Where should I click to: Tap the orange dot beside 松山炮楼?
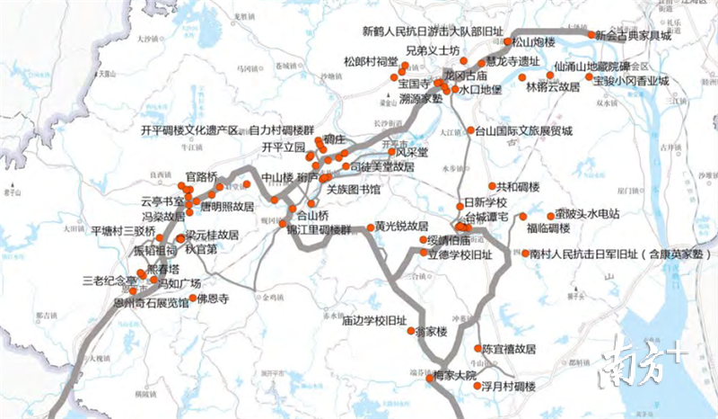pyautogui.click(x=508, y=41)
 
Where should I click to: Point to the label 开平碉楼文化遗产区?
pyautogui.click(x=190, y=130)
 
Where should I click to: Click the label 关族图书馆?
pyautogui.click(x=353, y=190)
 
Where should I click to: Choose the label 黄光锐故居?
pyautogui.click(x=401, y=226)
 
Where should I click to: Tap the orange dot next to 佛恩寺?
pyautogui.click(x=190, y=298)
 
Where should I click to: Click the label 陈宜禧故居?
pyautogui.click(x=509, y=348)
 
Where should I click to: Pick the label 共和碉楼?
pyautogui.click(x=518, y=187)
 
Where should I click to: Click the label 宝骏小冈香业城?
pyautogui.click(x=632, y=81)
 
